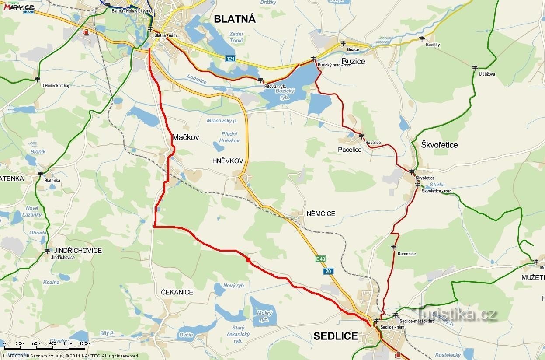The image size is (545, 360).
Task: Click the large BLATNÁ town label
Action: tap(234, 19)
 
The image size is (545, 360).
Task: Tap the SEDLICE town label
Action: tap(335, 336)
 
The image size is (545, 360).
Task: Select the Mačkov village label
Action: tap(185, 137)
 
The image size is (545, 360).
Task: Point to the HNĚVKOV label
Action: tap(227, 161)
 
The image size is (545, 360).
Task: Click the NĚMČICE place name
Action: tap(321, 213)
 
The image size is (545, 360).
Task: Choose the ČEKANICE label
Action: tap(177, 292)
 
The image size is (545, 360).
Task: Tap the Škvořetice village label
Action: tap(439, 144)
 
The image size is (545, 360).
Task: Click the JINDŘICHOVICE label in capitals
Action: tap(77, 251)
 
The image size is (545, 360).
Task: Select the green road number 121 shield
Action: tap(231, 59)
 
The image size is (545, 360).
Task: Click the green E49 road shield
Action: tap(320, 259)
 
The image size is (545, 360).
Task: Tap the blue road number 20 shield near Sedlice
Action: tap(328, 271)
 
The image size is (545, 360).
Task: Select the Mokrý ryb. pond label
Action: tap(265, 316)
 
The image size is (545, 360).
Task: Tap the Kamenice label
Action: tap(406, 254)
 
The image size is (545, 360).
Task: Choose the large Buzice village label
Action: tap(353, 61)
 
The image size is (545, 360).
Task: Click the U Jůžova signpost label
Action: tap(486, 74)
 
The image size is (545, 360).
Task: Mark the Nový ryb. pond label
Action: tap(234, 286)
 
